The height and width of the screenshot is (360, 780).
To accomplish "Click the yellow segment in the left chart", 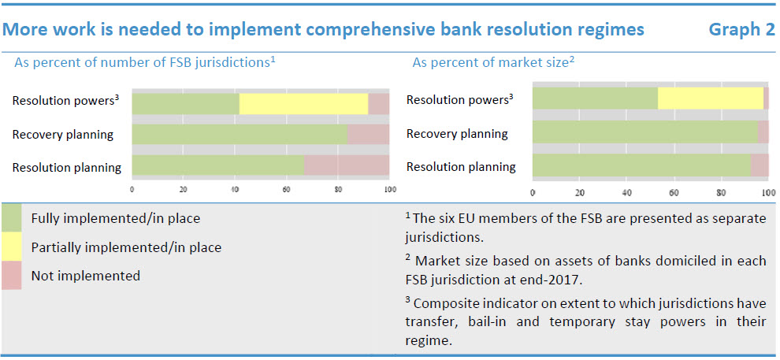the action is [303, 103].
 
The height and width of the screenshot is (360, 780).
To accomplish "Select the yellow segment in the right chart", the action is [711, 98].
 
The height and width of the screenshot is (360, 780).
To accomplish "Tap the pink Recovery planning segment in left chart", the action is [368, 134].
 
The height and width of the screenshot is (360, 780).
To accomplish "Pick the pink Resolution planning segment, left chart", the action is [347, 165].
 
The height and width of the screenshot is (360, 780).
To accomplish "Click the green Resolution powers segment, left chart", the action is [186, 103].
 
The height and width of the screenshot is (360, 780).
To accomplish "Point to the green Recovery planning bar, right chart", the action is [644, 132].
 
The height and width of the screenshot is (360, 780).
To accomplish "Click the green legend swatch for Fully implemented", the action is [11, 218].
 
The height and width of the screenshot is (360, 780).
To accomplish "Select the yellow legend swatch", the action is [11, 247].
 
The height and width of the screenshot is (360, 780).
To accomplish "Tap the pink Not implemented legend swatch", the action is [11, 275].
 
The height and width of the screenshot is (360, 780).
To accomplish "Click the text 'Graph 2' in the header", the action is [741, 30].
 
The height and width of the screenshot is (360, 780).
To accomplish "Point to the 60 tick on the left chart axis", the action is [286, 189].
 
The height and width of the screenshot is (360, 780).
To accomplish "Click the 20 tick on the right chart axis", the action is [579, 193].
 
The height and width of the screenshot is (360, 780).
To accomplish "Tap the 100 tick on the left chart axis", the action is [390, 189].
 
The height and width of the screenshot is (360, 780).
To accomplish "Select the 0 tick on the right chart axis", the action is [533, 193].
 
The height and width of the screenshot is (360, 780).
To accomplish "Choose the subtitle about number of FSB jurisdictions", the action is [145, 63].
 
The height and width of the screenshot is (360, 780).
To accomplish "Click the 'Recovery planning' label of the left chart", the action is [63, 135].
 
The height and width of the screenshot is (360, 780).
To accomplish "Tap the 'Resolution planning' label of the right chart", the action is [461, 166].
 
